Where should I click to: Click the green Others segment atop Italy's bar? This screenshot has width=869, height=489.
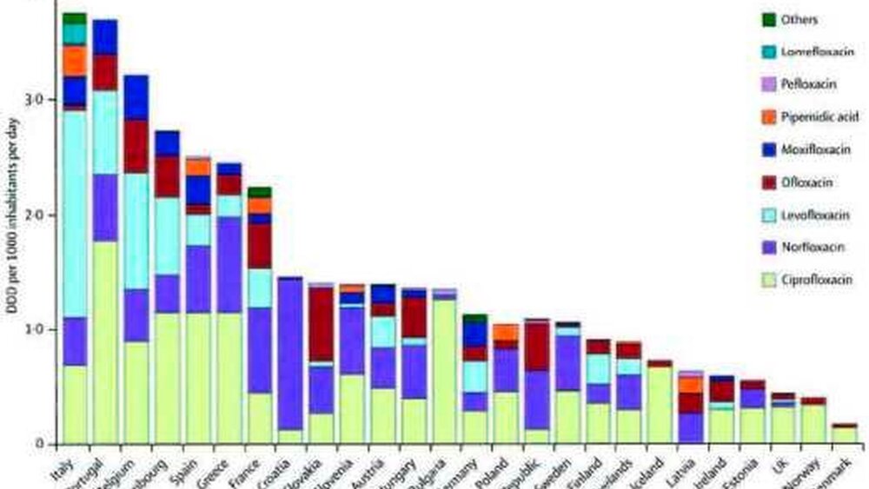coord(76,17)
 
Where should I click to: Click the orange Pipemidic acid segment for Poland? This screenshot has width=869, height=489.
coord(505,332)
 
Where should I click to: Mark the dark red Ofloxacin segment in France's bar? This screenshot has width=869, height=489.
coord(260,246)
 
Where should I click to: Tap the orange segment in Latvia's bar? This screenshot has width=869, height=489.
coord(691,384)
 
